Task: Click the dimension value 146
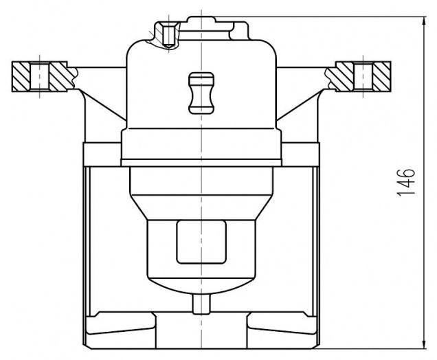pos(405,183)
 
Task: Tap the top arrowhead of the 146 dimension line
pos(424,22)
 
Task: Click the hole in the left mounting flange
pos(40,77)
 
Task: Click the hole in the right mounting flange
pos(363,77)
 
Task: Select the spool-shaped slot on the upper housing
pos(201,93)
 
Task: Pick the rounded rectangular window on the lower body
pos(201,242)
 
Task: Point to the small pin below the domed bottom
pos(201,304)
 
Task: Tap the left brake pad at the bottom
pos(120,323)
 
